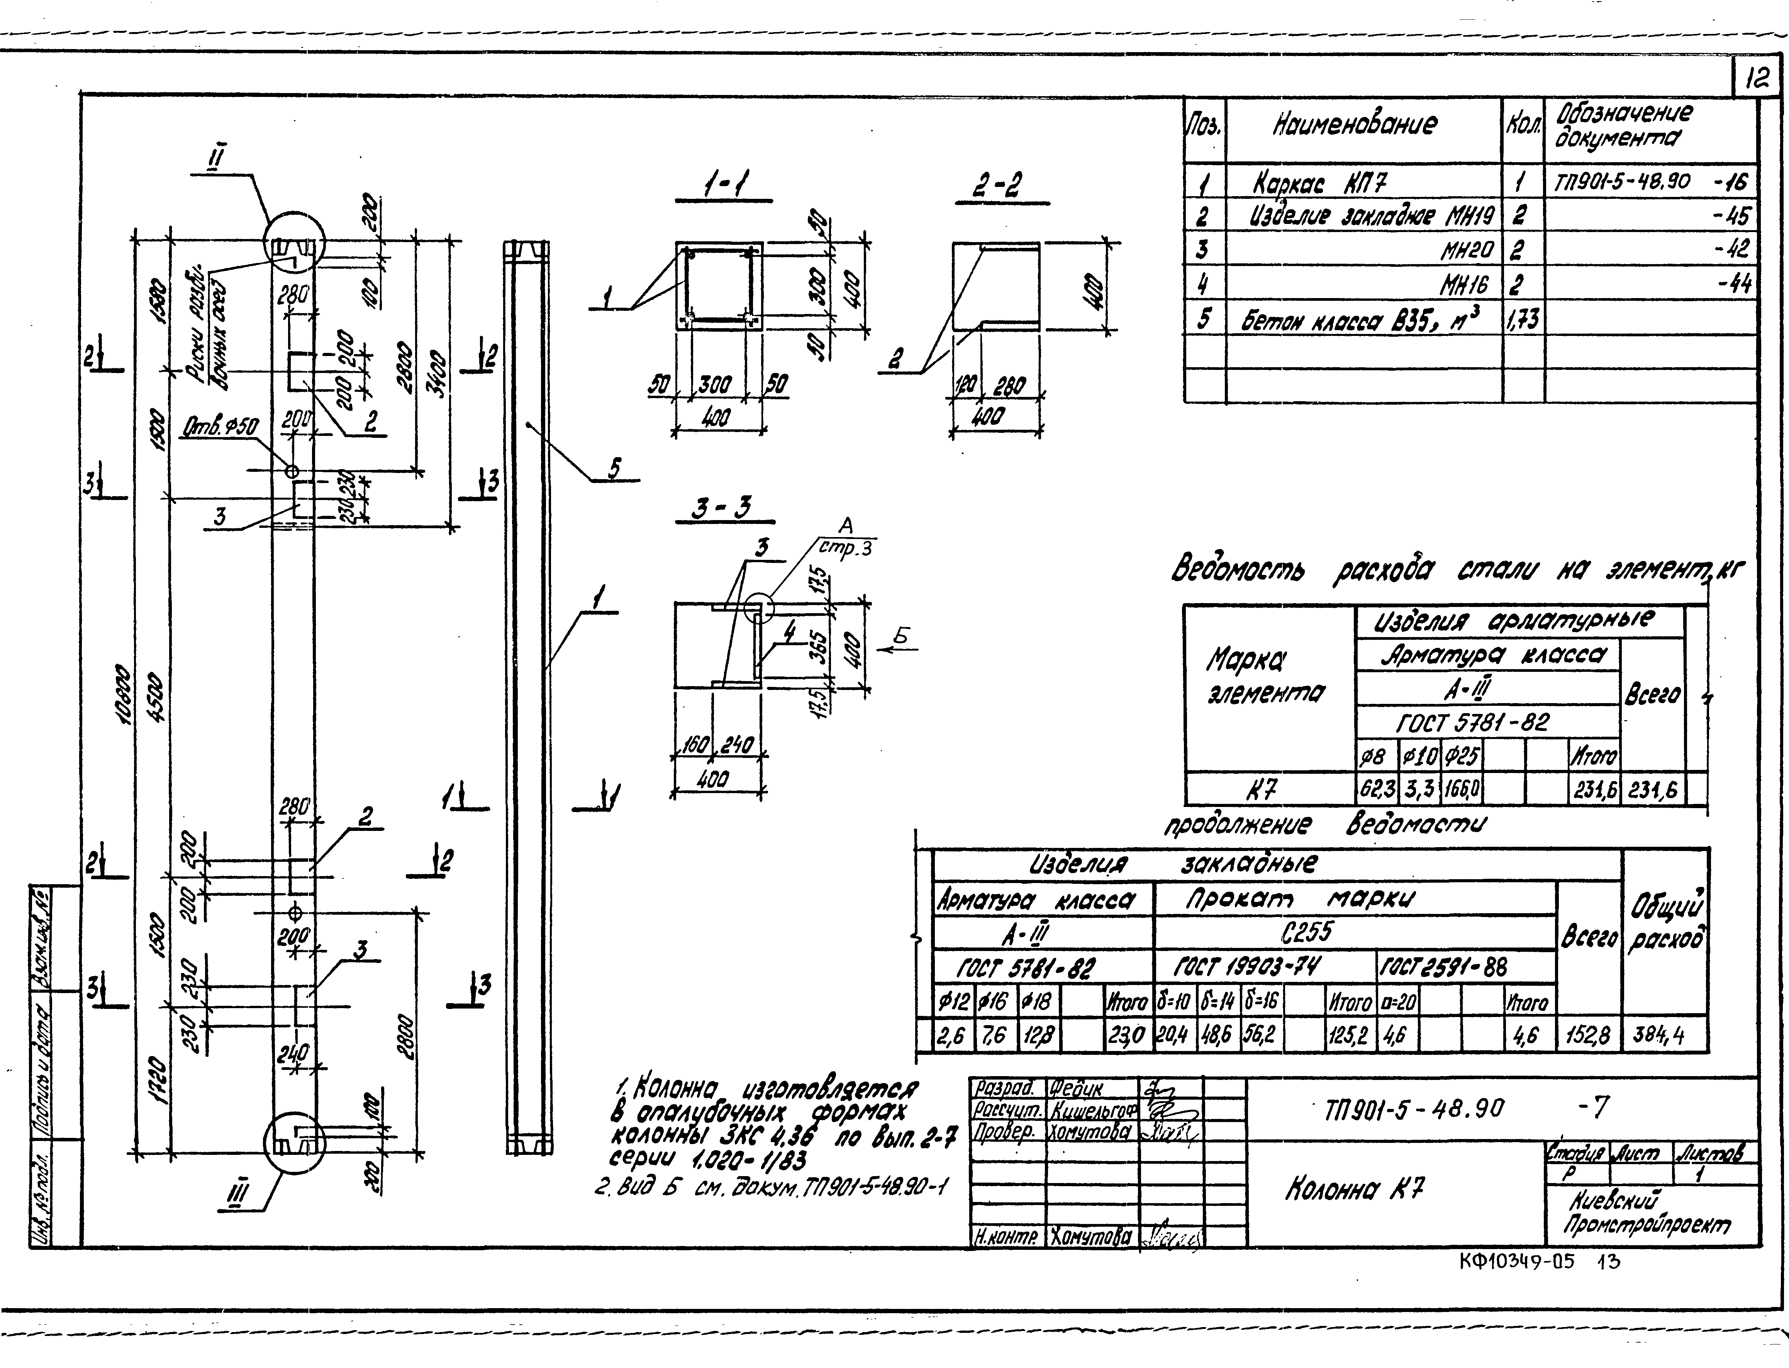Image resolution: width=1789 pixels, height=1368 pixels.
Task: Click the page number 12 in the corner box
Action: (x=1757, y=79)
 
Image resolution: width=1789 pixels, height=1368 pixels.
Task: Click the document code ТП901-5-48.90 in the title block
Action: (x=1415, y=1108)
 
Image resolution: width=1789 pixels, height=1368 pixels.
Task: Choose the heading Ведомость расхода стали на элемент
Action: (x=1456, y=570)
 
